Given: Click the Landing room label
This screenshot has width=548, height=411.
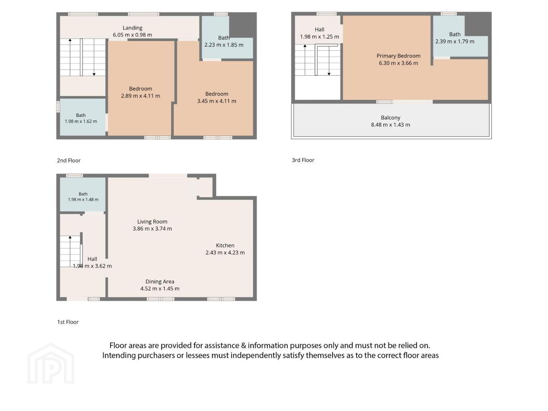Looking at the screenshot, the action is click(132, 28).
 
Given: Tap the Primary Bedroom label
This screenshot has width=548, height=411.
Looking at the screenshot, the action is click(398, 56).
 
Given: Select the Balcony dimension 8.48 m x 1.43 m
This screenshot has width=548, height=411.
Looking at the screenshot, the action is click(390, 125).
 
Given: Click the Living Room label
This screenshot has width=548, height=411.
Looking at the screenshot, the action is click(152, 221).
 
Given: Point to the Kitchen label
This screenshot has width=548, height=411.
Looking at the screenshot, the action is click(225, 245).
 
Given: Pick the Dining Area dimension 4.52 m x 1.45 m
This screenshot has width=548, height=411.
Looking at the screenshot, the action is click(160, 289).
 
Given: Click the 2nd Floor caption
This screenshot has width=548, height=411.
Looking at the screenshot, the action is click(68, 161).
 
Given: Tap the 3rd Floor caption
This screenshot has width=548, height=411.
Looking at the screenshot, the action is click(303, 160).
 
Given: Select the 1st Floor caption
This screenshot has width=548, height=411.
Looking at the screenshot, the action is click(68, 322).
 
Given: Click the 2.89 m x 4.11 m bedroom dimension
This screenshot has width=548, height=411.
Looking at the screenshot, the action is click(140, 96).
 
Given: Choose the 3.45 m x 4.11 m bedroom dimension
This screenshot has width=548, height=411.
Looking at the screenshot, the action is click(217, 101).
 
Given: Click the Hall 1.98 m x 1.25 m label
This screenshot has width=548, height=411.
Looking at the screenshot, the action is click(320, 33).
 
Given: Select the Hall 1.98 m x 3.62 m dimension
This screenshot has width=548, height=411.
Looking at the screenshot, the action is click(92, 266).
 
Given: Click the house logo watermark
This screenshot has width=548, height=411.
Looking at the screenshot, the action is click(51, 364).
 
